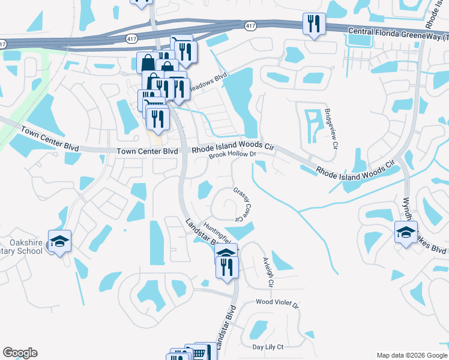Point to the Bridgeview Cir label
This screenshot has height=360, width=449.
(331, 128)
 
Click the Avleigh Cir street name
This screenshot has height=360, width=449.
(268, 273)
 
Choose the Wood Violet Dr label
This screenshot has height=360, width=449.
(277, 303)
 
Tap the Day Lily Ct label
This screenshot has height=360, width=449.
(268, 347)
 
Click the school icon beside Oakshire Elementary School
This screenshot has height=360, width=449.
(60, 241)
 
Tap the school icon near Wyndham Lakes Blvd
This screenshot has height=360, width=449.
(406, 232)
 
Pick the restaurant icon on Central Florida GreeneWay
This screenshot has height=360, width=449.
(314, 24)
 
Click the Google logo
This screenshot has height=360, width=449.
(20, 353)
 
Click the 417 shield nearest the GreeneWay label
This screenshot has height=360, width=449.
(250, 26)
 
